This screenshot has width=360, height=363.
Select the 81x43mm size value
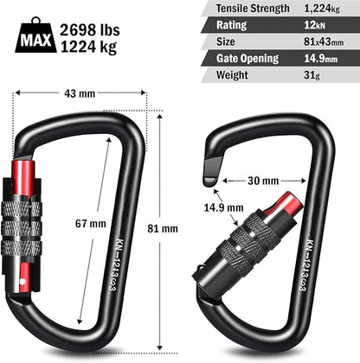326,41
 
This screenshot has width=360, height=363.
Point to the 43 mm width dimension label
80,93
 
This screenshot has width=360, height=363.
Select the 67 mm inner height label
91,223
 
